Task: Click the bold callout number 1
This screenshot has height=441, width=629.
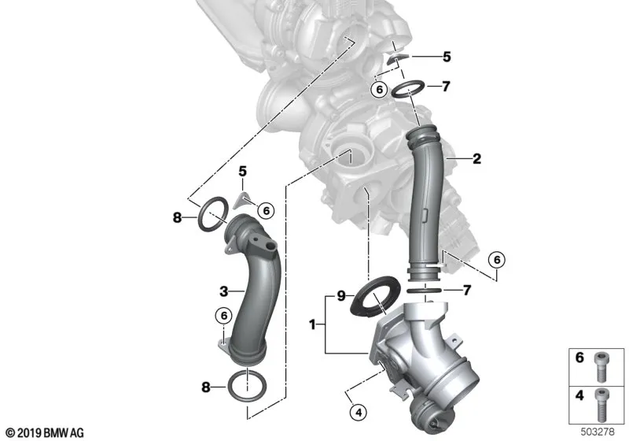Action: [312, 324]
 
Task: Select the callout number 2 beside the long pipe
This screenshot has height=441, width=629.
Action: [476, 158]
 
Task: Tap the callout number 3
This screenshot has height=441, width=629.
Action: [224, 291]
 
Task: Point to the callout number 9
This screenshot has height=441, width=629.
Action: [341, 296]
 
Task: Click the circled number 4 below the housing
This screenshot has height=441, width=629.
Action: [359, 413]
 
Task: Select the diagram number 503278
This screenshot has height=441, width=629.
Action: [598, 432]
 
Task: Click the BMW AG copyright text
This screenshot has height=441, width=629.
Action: [46, 433]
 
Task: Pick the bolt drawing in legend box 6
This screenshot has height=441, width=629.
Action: [601, 367]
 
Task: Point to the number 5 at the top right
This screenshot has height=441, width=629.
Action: [447, 57]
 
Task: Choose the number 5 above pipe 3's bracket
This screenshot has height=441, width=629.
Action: [243, 172]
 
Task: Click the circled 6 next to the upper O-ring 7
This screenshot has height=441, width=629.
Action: [380, 89]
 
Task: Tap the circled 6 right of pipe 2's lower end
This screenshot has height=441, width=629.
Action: [497, 260]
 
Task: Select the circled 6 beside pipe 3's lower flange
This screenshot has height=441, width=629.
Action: [223, 316]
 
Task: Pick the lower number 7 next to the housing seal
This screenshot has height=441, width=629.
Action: [466, 290]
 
